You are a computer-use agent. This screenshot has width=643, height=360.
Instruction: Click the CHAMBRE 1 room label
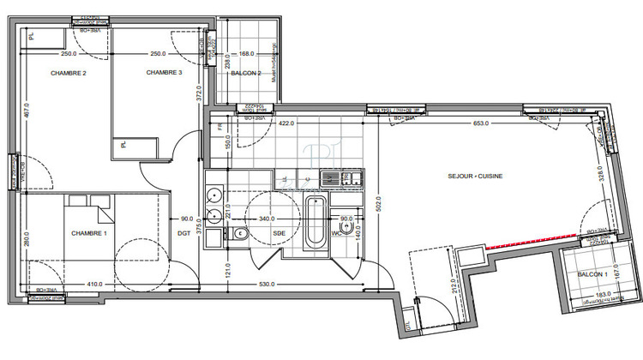(x=89, y=234)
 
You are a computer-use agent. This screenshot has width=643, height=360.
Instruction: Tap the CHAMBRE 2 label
(x=69, y=73)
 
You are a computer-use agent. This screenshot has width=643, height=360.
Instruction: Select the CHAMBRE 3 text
(x=164, y=73)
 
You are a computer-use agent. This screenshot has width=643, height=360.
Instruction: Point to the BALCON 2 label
(x=245, y=74)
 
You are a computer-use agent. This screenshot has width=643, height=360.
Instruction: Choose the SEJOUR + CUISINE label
(x=475, y=176)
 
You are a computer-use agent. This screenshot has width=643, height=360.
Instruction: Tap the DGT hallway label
(x=183, y=233)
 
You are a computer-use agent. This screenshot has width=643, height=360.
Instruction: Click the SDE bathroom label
(x=279, y=232)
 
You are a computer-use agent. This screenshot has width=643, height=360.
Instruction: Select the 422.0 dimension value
(x=286, y=123)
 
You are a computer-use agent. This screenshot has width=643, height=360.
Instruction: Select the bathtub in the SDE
(x=315, y=224)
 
